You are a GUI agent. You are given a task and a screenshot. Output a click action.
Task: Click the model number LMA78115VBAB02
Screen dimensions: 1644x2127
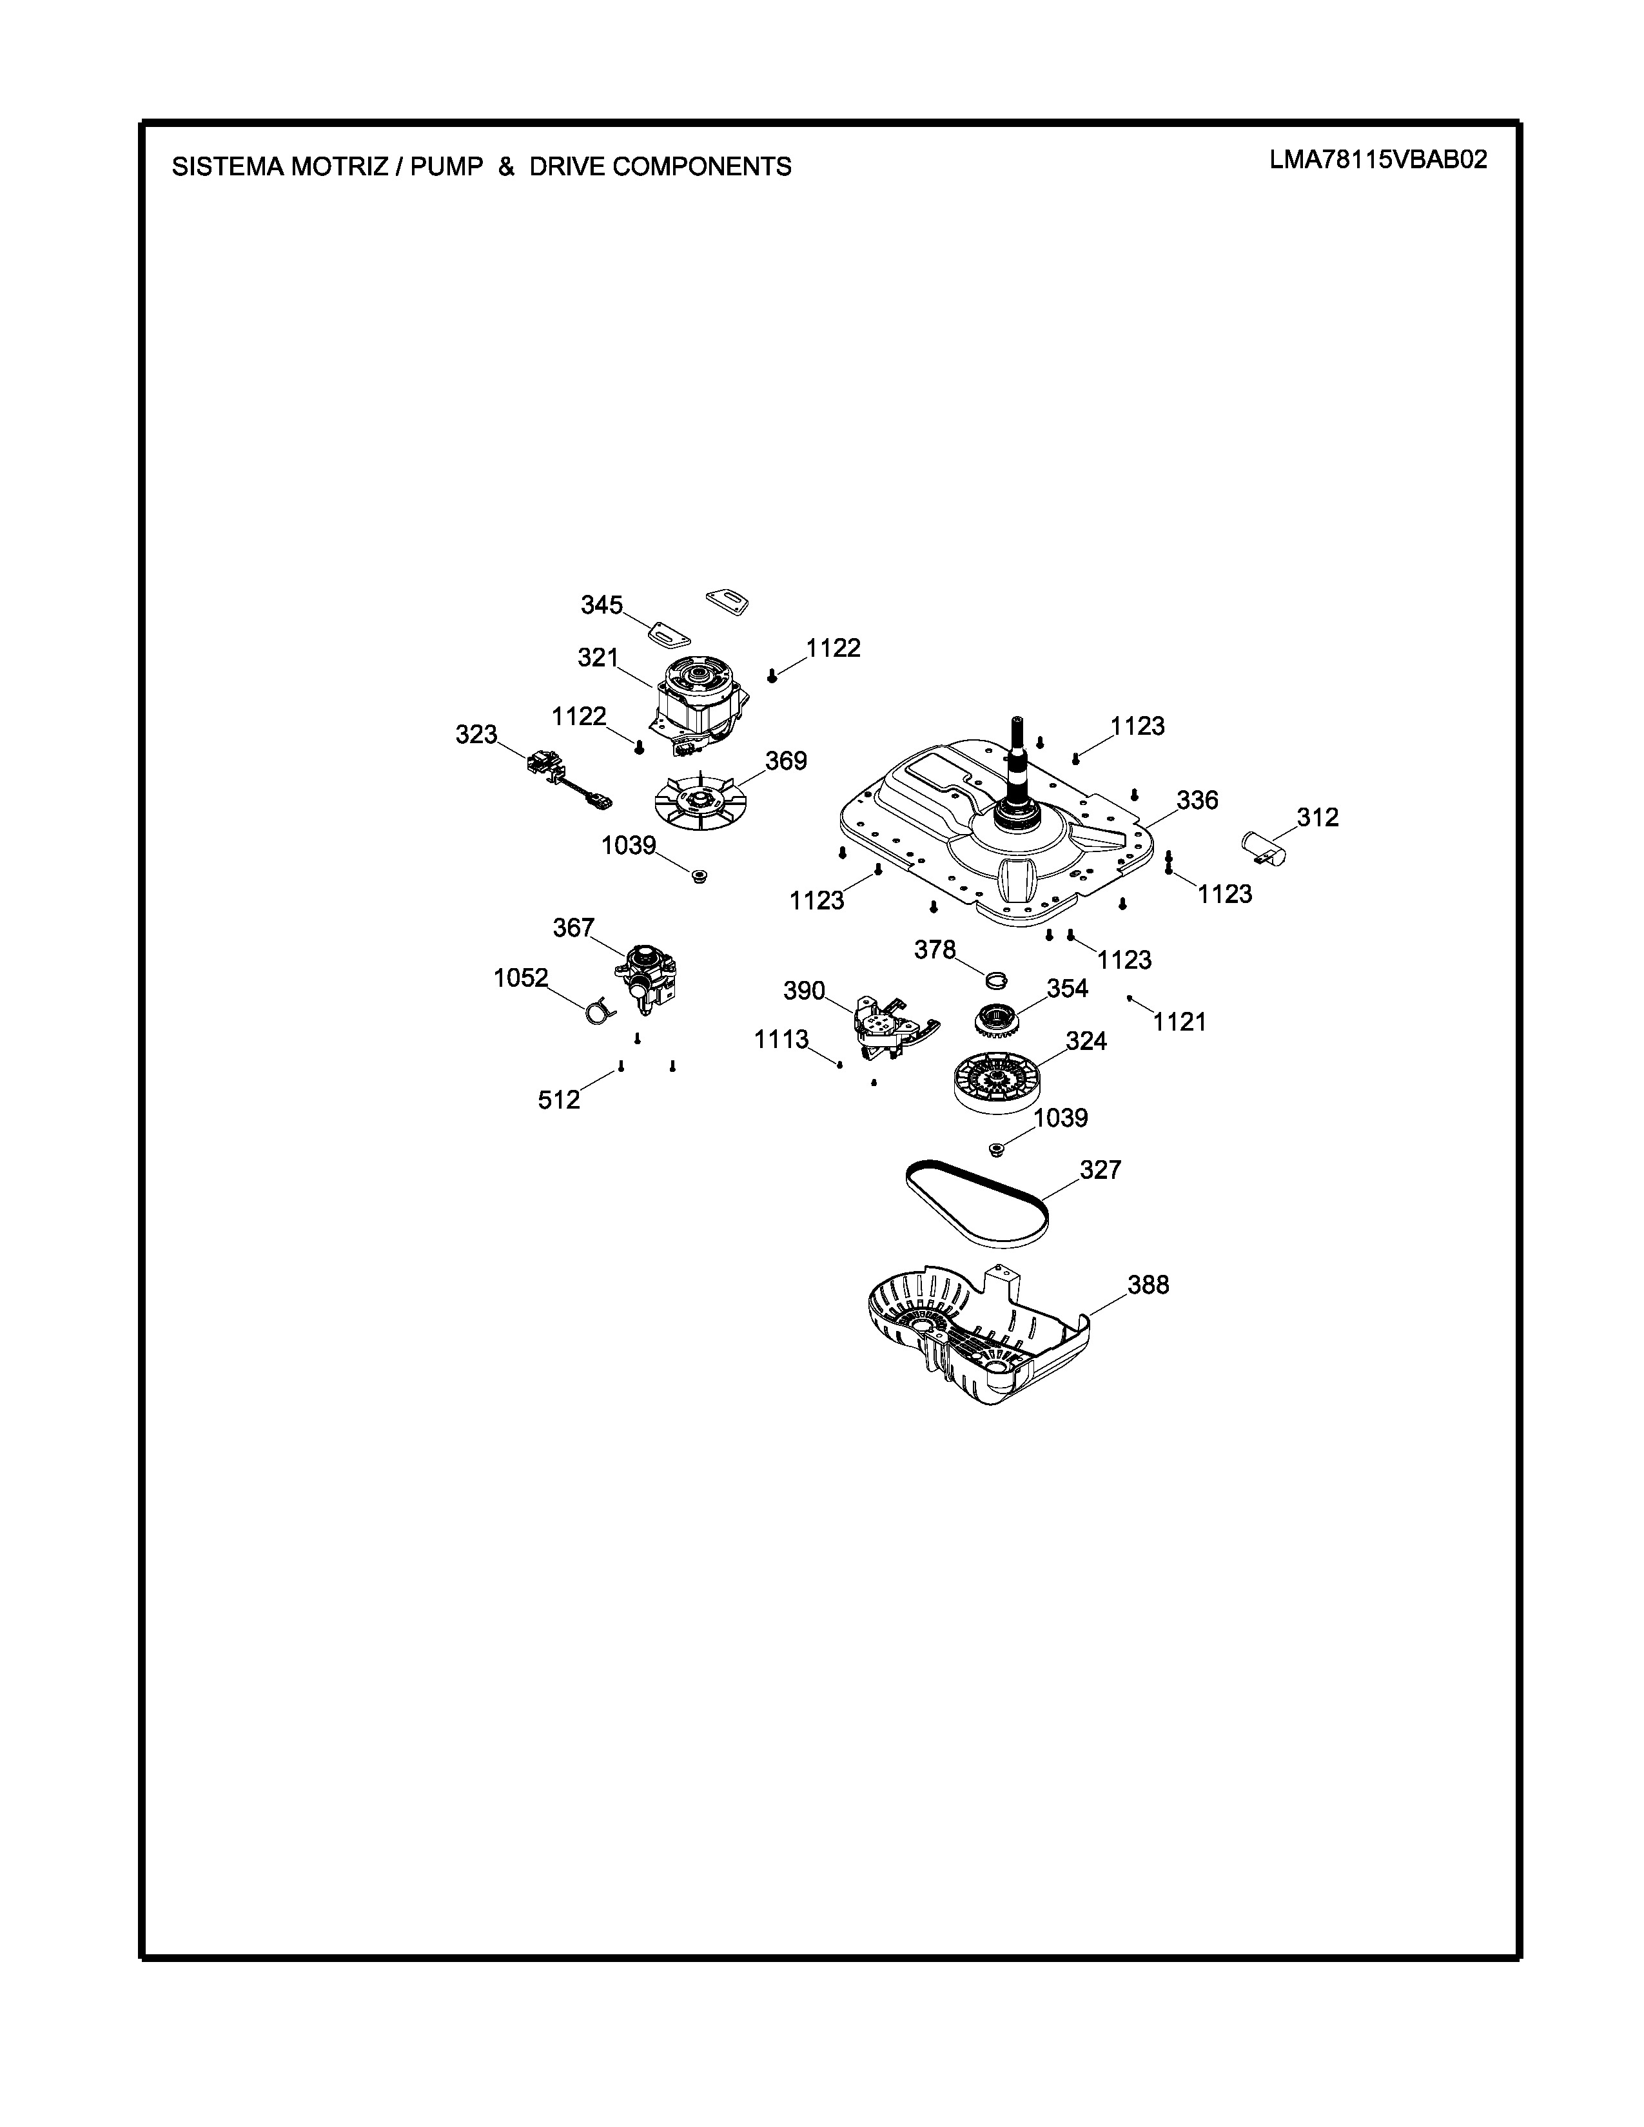coord(1378,160)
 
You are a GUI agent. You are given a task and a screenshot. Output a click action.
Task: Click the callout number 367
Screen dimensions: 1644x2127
coord(574,928)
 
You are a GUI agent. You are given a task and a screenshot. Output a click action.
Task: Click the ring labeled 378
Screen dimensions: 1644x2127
coord(996,978)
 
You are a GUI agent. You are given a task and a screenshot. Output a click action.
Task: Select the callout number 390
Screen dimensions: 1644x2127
coord(805,991)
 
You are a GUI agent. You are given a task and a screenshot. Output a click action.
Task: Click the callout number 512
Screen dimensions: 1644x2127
coord(559,1100)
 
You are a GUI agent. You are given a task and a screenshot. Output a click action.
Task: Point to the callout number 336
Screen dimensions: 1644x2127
coord(1197,800)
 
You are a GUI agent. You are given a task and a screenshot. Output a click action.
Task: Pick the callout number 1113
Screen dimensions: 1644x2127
coord(781,1040)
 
